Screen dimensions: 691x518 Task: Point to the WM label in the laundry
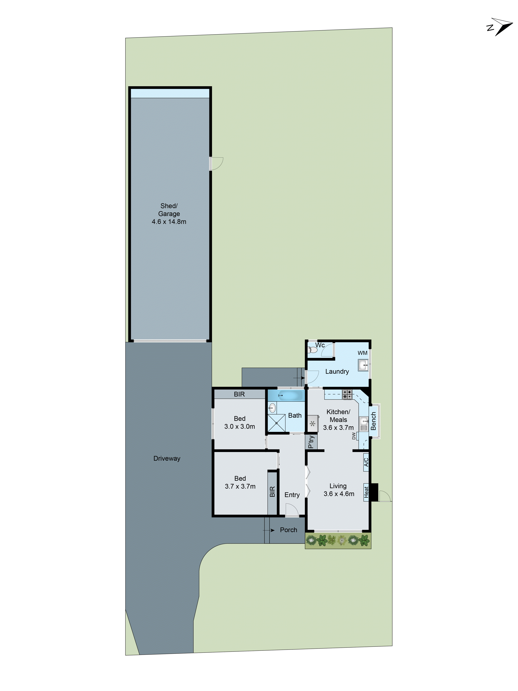[x=362, y=353]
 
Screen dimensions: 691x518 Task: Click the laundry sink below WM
[x=363, y=365]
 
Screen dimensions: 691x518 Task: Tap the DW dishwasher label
[x=354, y=436]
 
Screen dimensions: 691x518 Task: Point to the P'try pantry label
[x=311, y=442]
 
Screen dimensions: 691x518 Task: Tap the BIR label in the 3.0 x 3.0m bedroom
[x=239, y=394]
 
